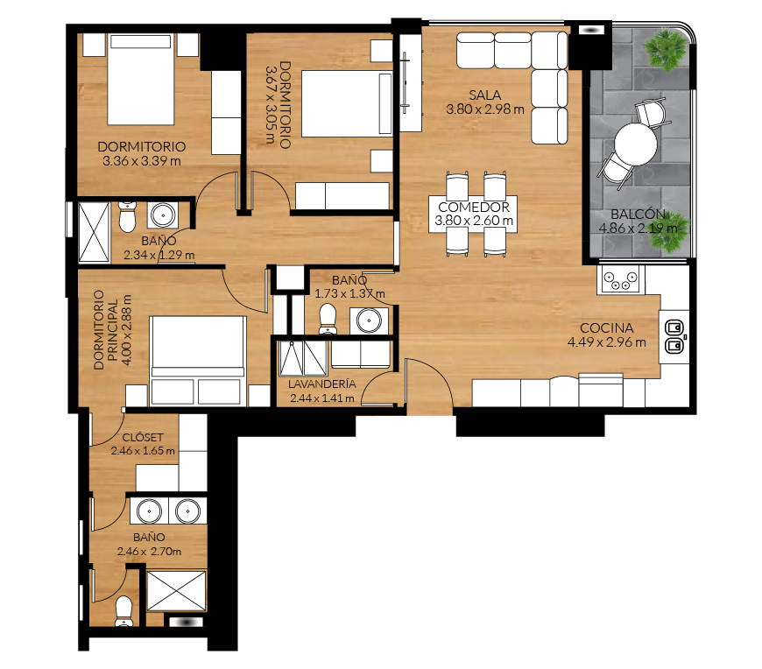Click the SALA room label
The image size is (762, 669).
[484, 95]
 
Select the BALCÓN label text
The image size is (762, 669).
[638, 214]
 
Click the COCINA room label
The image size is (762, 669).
[606, 328]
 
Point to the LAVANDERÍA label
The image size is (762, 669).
[321, 384]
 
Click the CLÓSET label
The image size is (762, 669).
[143, 437]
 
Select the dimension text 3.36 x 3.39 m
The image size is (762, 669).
[141, 161]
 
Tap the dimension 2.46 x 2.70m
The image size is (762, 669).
[149, 552]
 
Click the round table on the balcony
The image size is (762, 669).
[636, 144]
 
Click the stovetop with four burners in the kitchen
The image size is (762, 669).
[621, 279]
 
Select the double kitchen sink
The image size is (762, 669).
[674, 336]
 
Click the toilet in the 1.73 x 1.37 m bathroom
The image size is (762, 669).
[328, 319]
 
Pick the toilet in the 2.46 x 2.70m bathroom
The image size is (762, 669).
[123, 610]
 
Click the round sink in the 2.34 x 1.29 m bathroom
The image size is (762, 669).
[163, 215]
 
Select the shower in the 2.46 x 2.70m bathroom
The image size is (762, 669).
[176, 591]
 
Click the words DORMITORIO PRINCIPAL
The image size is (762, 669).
[105, 329]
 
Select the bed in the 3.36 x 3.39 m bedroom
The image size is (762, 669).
[140, 79]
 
